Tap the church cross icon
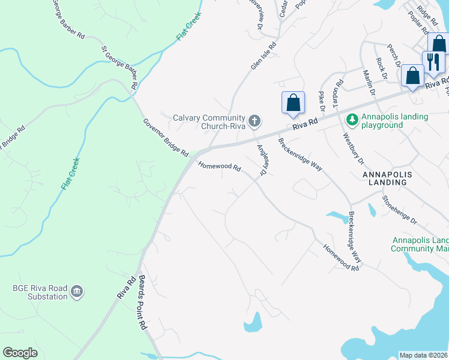(254, 121)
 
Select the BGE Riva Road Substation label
(40, 292)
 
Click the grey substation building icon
(76, 292)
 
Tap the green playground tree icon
(352, 120)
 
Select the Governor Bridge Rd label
(166, 137)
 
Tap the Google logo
(20, 353)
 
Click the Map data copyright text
(424, 355)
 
